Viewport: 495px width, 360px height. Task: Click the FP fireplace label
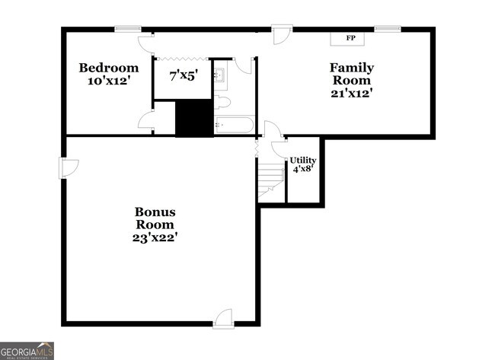pos(351,38)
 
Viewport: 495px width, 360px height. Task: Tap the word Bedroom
pos(109,68)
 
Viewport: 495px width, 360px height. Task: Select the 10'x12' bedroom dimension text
pos(109,81)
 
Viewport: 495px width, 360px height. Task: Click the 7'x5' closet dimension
pos(183,76)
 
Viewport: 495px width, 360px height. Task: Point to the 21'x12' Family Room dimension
pos(351,94)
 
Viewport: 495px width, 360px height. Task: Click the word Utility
pos(303,160)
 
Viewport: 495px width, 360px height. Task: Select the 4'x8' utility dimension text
pos(303,171)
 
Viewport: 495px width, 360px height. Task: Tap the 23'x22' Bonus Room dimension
pos(155,237)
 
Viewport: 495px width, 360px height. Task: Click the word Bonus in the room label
pos(155,212)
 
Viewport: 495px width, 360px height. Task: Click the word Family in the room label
pos(351,68)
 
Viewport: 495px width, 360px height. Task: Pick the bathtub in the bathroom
pos(234,125)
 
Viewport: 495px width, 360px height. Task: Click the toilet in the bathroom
pos(222,102)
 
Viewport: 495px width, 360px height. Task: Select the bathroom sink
pos(220,75)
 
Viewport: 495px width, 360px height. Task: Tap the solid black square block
pos(194,118)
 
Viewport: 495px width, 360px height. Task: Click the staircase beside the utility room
pos(271,182)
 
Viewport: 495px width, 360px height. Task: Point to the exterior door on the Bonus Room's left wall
pos(67,168)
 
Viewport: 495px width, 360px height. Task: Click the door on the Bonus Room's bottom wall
pos(222,319)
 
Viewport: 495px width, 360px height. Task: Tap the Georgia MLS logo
pos(27,350)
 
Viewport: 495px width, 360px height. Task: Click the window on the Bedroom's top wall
pos(125,29)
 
